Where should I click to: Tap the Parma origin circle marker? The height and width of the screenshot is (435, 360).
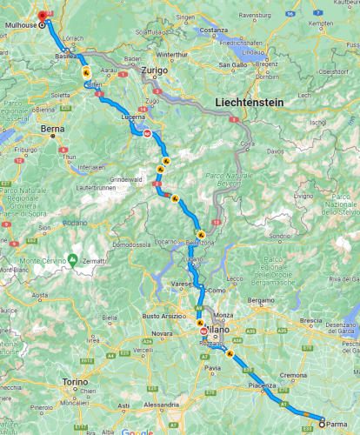(x=322, y=424)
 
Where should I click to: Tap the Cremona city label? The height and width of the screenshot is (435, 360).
(x=293, y=375)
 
